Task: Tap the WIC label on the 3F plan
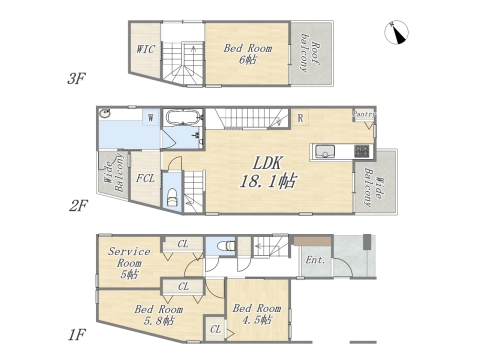[145, 48]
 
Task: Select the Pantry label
[363, 115]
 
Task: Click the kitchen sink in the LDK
[326, 152]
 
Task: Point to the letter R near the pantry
[300, 116]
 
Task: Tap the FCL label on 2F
[144, 178]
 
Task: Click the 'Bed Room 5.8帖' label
[159, 315]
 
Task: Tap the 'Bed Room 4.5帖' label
[257, 315]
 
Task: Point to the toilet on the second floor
[172, 193]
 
